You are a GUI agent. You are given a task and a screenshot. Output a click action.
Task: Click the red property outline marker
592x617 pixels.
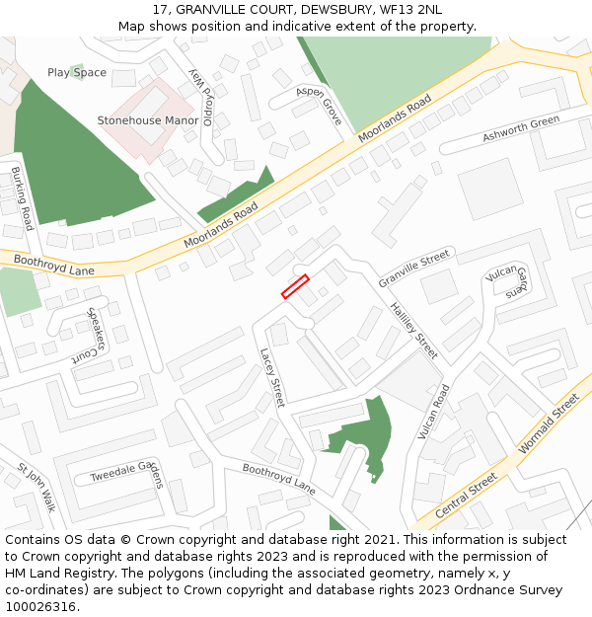(295, 286)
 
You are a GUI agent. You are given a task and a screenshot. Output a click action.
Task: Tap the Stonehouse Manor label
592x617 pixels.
(147, 120)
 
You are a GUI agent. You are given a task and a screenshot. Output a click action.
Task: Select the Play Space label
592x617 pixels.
(77, 72)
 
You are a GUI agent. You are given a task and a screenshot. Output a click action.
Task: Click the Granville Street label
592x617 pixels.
(413, 269)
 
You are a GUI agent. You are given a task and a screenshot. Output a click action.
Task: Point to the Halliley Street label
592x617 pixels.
(412, 330)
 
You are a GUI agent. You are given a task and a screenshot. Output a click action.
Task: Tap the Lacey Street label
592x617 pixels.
(271, 377)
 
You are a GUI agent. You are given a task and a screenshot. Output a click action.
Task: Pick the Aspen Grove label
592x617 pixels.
(319, 104)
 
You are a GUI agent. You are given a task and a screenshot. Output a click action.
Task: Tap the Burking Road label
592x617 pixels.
(22, 198)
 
